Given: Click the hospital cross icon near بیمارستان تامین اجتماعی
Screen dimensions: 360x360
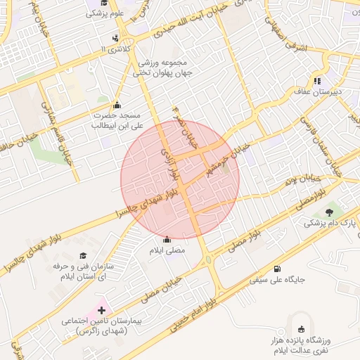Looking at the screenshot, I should (101, 309).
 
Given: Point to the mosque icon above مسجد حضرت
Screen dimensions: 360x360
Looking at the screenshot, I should (116, 105).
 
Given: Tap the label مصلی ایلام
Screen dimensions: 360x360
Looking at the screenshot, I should (167, 250).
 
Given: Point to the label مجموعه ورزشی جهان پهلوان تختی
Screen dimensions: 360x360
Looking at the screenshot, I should (166, 67).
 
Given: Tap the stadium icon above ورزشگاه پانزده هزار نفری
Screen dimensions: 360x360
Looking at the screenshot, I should (302, 329).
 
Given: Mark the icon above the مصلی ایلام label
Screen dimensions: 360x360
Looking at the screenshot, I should (167, 239).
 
